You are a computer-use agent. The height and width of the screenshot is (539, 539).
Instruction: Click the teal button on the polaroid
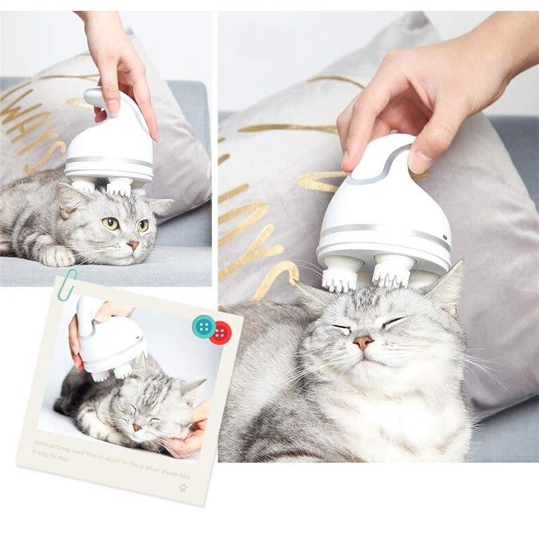203,326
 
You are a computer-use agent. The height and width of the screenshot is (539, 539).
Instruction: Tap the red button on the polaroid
220,332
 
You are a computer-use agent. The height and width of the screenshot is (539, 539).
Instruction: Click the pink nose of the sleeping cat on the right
363,342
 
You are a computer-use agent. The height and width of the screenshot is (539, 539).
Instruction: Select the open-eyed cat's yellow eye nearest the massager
110,223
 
